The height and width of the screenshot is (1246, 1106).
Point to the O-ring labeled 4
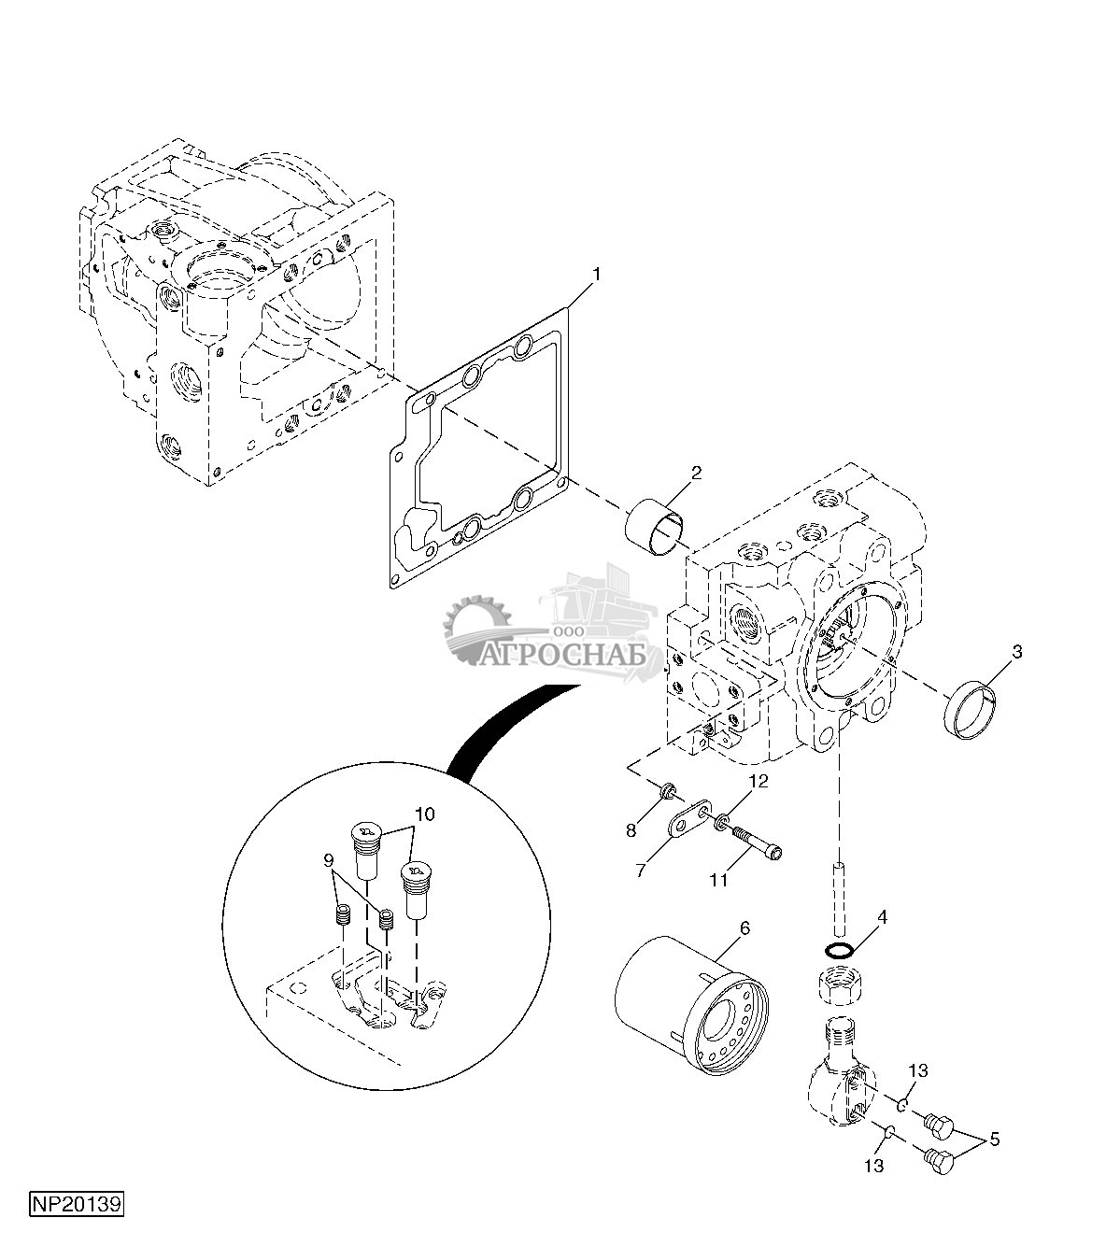click(840, 951)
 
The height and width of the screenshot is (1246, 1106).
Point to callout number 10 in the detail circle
click(425, 814)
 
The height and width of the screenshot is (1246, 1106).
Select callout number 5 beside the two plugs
click(994, 1140)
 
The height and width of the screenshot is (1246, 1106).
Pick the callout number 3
click(1016, 651)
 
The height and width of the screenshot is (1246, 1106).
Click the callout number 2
click(696, 474)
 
